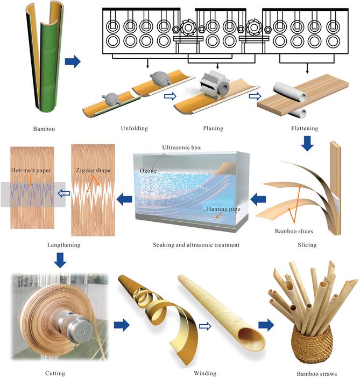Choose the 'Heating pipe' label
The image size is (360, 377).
[221, 208]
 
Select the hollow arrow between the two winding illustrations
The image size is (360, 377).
[171, 325]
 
